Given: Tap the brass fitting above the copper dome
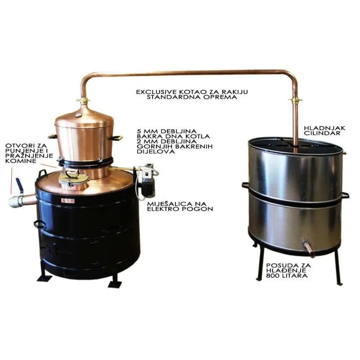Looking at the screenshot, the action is tap(83, 100).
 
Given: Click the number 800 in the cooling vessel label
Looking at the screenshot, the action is tap(273, 275).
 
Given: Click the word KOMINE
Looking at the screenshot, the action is tap(21, 161).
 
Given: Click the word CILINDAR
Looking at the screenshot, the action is tap(322, 133).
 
